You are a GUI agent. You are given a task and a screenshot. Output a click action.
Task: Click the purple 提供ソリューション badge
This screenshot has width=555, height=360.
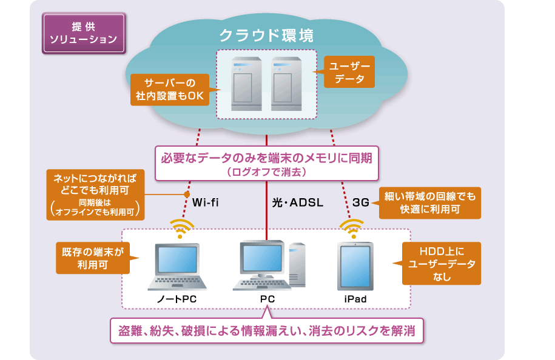pos(84,33)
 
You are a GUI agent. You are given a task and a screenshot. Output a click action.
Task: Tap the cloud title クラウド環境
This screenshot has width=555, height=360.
pos(266,35)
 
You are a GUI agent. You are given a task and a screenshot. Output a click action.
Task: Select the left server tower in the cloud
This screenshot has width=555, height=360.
pos(246,84)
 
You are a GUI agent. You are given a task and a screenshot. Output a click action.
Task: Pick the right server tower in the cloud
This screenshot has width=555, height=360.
pos(286,84)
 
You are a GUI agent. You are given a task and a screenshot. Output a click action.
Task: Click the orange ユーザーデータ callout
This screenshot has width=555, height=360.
pos(349,72)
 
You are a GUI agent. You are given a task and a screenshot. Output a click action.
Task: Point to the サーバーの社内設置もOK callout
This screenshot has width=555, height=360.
pos(170,90)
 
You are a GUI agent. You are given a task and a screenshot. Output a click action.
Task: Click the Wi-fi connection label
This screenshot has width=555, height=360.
pos(205,202)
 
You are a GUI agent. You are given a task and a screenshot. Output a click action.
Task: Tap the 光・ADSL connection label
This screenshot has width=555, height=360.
pos(298,202)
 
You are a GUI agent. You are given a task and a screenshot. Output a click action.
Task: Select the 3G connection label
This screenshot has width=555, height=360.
pos(361,202)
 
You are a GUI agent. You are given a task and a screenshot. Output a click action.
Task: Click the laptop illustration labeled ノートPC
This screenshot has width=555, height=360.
pos(177,267)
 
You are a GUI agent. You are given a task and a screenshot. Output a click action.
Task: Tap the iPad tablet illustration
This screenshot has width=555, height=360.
pos(355,266)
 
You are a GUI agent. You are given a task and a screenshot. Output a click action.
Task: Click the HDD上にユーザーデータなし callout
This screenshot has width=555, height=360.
pos(441,264)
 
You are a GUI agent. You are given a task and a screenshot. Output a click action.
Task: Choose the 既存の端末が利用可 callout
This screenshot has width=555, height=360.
pos(93,258)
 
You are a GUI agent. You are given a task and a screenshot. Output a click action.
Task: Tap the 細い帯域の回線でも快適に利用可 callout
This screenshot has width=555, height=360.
pos(429,203)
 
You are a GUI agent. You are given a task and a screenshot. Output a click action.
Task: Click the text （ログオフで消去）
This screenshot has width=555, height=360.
pos(266,172)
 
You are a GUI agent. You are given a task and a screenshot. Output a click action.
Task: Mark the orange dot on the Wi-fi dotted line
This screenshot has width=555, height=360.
pos(187,194)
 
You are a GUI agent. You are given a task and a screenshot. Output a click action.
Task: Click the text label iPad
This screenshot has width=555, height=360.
pos(355,299)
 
